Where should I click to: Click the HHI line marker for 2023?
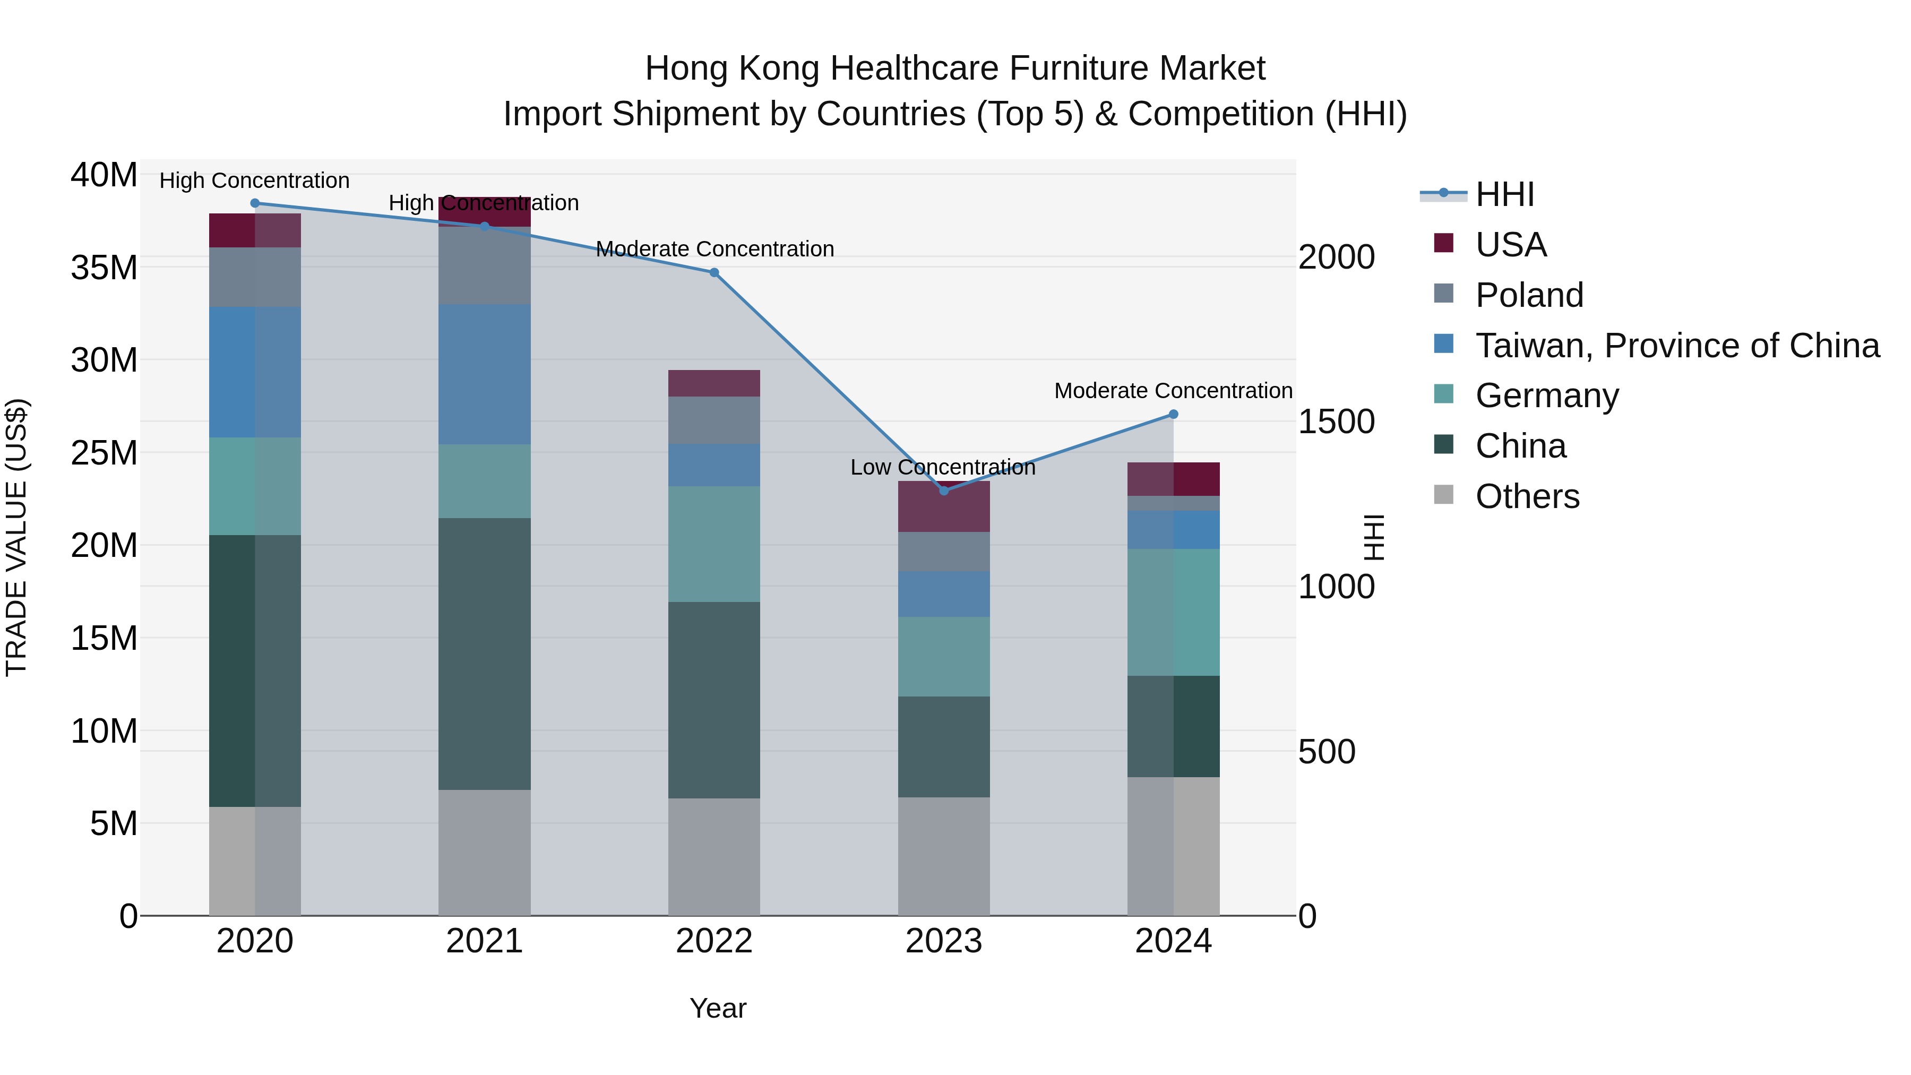tap(944, 491)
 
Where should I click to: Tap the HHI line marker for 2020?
tap(255, 203)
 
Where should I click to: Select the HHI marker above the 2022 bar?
tap(715, 272)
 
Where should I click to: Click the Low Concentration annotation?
tap(943, 467)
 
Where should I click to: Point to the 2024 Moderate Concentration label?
tap(1173, 391)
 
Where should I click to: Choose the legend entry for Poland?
tap(1529, 295)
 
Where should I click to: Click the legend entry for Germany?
tap(1547, 395)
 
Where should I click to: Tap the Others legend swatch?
tap(1444, 494)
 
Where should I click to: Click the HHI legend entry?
tap(1504, 194)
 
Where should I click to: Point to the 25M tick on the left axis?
tap(104, 452)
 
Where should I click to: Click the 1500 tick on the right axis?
tap(1336, 422)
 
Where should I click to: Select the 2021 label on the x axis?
tap(485, 941)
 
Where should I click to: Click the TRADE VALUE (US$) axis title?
tap(16, 537)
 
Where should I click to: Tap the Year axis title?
tap(717, 1008)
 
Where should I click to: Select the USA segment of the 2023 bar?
tap(944, 508)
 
